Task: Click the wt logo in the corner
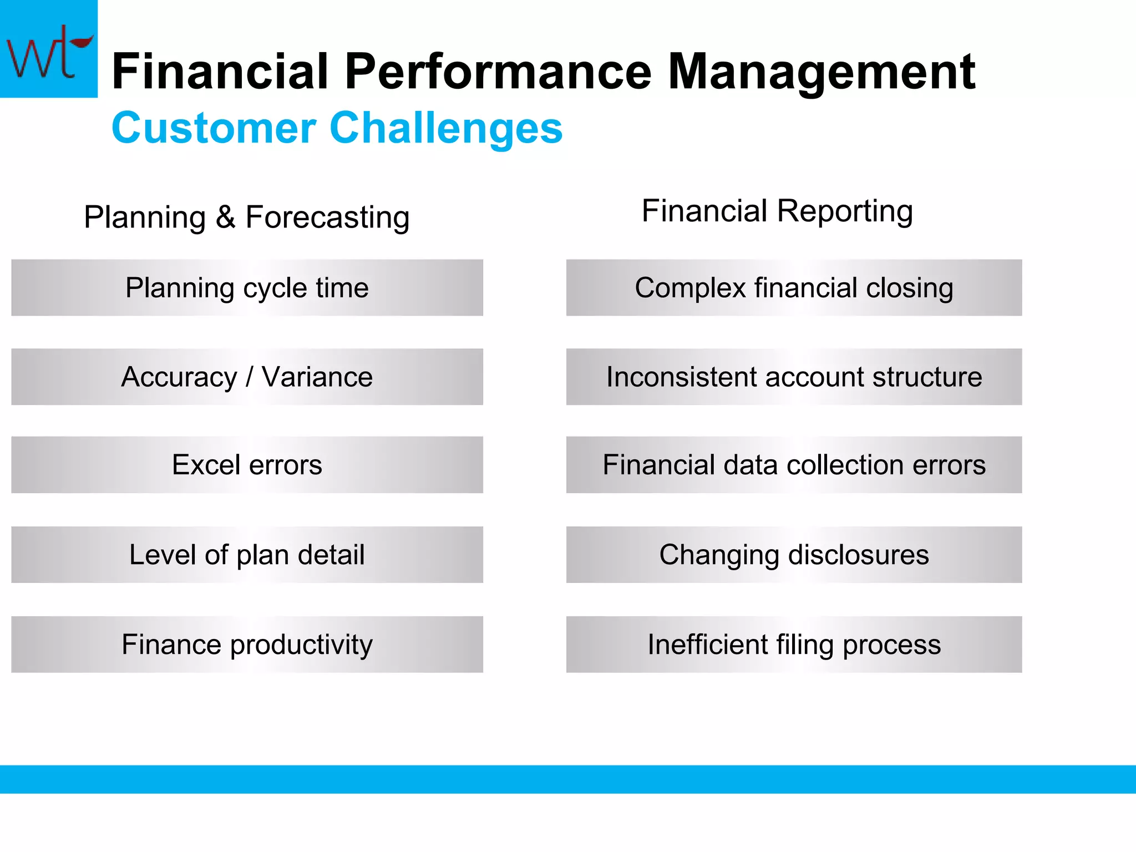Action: (48, 49)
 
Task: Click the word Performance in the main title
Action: (498, 72)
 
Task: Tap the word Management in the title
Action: (821, 72)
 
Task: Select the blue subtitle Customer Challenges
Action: (337, 128)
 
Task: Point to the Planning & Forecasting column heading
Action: (247, 217)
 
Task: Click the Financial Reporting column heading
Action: (777, 211)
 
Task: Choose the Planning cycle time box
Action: (247, 288)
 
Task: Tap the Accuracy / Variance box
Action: (247, 377)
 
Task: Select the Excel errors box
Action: (247, 465)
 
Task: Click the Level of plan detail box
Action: (247, 555)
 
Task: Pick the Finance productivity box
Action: (247, 645)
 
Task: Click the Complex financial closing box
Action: (794, 288)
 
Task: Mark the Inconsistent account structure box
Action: (794, 377)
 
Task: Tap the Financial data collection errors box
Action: (794, 465)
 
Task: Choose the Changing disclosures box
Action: (794, 555)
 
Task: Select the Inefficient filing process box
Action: (794, 645)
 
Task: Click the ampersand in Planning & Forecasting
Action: (225, 217)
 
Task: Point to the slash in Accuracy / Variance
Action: (249, 377)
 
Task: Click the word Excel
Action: (206, 465)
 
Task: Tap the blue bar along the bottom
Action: (568, 779)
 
